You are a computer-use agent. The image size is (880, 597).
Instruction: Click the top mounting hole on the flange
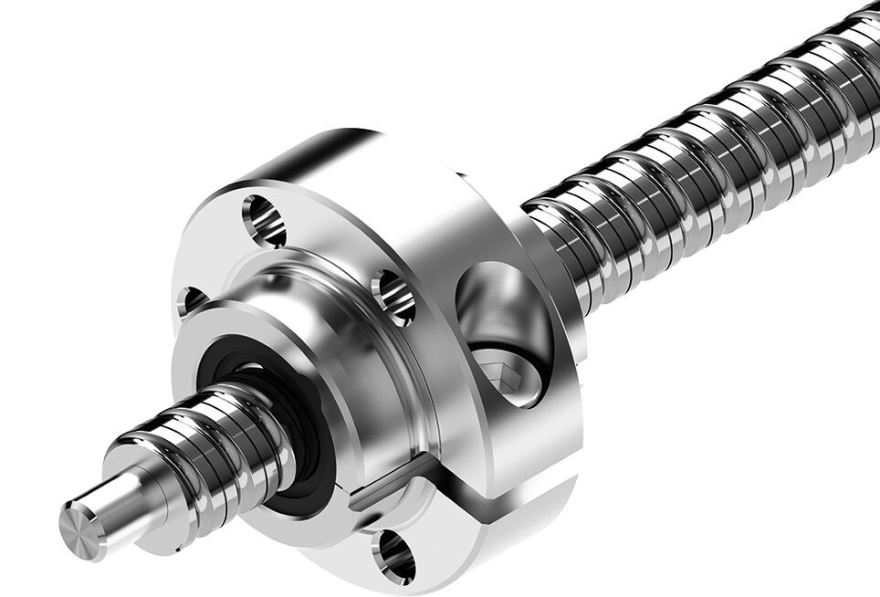264,221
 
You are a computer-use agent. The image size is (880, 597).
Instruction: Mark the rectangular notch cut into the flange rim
388,483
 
